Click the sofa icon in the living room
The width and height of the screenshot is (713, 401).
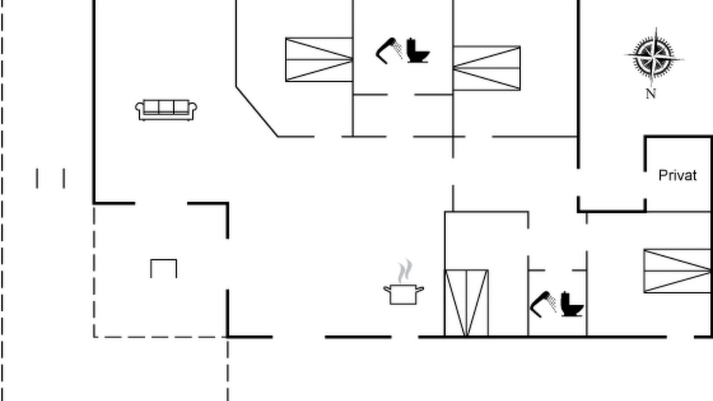[x=166, y=110]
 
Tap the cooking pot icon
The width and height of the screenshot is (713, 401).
[x=403, y=295]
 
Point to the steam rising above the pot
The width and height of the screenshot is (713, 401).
[x=405, y=271]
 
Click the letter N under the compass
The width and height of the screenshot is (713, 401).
[x=651, y=94]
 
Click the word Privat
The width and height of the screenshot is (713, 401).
[x=677, y=175]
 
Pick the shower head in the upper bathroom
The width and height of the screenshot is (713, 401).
[x=389, y=51]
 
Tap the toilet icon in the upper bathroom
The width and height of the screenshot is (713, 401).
[x=418, y=51]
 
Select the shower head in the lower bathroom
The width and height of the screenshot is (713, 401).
[x=543, y=304]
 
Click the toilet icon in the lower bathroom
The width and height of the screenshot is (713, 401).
[x=572, y=304]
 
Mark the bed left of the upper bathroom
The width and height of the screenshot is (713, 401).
[x=319, y=60]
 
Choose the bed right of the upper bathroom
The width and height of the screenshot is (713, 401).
[x=487, y=68]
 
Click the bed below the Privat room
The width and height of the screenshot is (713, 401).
[x=677, y=271]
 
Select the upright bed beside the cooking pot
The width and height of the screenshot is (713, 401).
[x=466, y=303]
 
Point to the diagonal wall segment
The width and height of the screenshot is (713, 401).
[x=257, y=111]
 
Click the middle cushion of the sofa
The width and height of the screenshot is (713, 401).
[x=166, y=106]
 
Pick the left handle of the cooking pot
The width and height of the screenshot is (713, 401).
[x=387, y=289]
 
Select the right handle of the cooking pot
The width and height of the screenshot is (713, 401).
[x=420, y=289]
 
